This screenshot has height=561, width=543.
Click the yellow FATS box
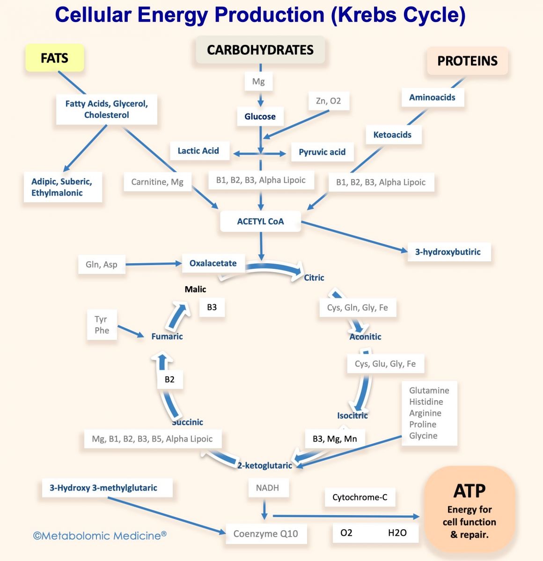coord(54,58)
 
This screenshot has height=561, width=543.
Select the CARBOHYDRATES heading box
coord(260,50)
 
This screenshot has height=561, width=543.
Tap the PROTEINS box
coord(467,61)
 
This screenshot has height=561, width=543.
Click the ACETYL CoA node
coord(260,221)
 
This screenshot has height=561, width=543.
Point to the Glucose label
coord(260,116)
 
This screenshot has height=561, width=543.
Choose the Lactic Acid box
coord(198,151)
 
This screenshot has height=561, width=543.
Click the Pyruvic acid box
coord(322,152)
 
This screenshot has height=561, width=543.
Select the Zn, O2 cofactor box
coord(328,101)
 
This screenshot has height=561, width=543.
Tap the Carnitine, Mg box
coord(157,182)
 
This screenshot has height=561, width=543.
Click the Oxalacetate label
coord(213,263)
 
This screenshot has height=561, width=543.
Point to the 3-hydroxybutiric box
coord(448,252)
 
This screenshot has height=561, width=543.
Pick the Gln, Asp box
coord(102,265)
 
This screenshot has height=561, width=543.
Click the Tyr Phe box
coord(102,325)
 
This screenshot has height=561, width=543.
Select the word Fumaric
coord(167,336)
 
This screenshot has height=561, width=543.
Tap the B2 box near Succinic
coord(169,379)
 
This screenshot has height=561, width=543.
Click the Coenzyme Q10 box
coord(265,533)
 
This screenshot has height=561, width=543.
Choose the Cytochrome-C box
coord(360,497)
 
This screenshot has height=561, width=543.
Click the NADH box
coord(267,488)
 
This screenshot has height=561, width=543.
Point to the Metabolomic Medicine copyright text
coord(100,536)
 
